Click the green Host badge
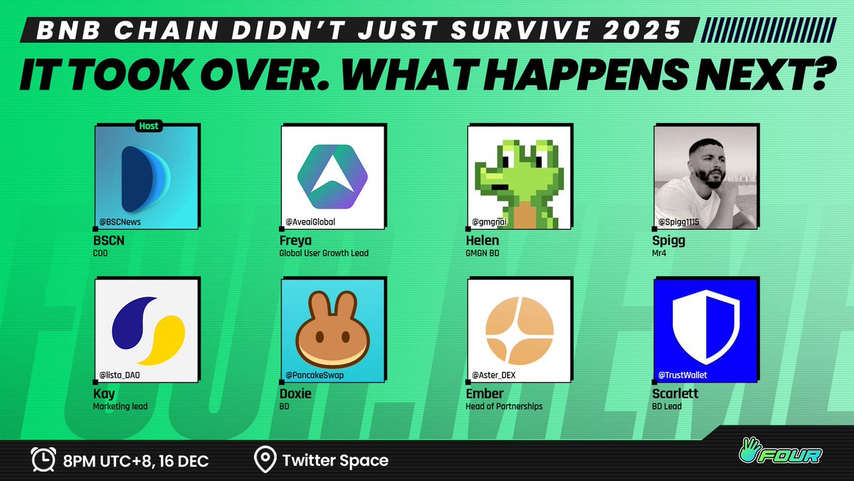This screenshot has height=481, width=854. [149, 126]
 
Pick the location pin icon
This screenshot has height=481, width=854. [265, 460]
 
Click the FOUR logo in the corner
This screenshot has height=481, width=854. [789, 452]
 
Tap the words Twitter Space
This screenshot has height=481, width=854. [335, 460]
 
